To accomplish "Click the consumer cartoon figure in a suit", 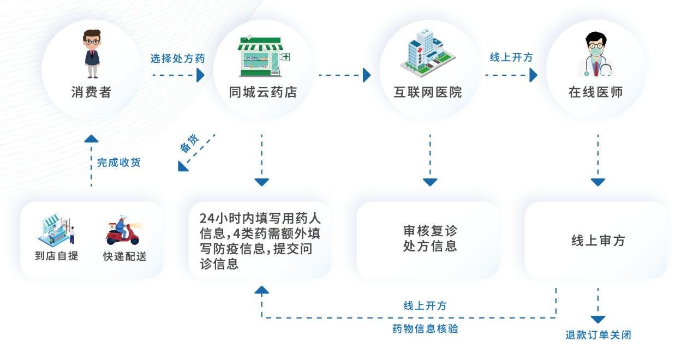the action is click(92, 54).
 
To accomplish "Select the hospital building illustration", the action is click(428, 53).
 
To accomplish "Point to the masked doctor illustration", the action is click(596, 54).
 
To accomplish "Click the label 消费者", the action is click(91, 92).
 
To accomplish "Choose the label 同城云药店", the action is click(263, 92).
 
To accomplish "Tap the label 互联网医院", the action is click(428, 92).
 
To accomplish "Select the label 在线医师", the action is click(596, 92).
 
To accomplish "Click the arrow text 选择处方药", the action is click(177, 58).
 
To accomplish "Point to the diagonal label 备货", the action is click(189, 143).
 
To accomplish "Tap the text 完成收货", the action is click(119, 162).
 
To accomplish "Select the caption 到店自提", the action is click(57, 256).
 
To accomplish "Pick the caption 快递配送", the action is click(125, 256).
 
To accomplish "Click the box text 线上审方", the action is click(598, 241).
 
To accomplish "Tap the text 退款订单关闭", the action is click(598, 335).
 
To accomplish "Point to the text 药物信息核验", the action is click(425, 329).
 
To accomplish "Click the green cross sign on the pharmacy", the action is click(286, 57).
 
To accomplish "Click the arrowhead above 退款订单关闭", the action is click(598, 319).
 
